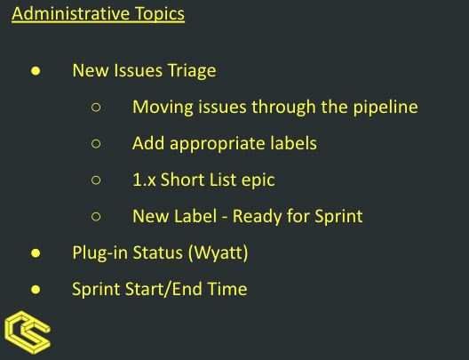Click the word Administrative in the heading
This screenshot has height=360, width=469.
70,13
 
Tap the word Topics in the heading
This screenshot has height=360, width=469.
160,14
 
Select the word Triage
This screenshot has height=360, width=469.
192,71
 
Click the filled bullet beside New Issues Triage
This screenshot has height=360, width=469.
36,71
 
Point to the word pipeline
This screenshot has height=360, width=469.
386,108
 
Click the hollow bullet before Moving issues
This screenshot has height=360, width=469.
96,108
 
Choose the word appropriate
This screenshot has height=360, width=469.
218,144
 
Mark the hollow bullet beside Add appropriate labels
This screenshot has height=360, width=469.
96,144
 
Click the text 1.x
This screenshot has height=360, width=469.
144,180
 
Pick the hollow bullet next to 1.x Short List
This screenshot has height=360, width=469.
96,180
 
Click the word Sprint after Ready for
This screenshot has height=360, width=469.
338,217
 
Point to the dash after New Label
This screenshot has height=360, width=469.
225,218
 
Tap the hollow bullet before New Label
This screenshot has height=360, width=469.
96,216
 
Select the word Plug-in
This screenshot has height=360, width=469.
99,253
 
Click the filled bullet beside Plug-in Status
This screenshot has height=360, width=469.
36,253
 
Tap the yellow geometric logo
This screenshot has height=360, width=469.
28,332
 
